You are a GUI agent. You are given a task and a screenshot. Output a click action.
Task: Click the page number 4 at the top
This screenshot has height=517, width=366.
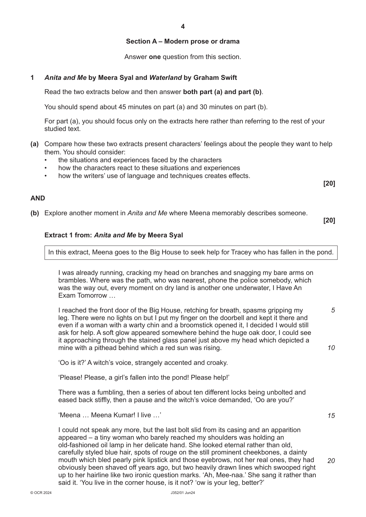click(183, 27)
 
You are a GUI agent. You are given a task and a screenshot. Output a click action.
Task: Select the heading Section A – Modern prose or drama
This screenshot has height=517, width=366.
click(183, 41)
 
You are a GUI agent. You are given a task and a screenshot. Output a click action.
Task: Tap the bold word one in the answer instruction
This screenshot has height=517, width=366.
click(155, 57)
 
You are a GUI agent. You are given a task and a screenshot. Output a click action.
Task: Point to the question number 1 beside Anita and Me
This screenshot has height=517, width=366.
click(32, 78)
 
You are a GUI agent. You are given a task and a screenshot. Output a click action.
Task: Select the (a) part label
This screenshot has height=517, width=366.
click(34, 144)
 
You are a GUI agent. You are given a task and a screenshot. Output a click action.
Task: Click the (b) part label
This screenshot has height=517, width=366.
click(34, 213)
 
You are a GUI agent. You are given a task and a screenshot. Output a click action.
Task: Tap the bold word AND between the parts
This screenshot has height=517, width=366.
click(38, 199)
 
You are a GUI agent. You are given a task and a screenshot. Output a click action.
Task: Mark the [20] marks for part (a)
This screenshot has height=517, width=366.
click(329, 183)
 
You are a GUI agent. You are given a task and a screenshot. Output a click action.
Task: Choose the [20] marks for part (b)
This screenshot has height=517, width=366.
click(329, 221)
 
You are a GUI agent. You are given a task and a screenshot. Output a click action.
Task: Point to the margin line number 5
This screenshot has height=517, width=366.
click(333, 310)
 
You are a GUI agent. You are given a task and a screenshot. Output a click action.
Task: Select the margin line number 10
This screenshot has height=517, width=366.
click(331, 348)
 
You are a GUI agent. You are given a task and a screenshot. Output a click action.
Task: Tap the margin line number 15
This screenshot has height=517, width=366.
click(331, 416)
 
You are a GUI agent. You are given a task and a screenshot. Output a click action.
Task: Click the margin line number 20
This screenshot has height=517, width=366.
click(331, 461)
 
